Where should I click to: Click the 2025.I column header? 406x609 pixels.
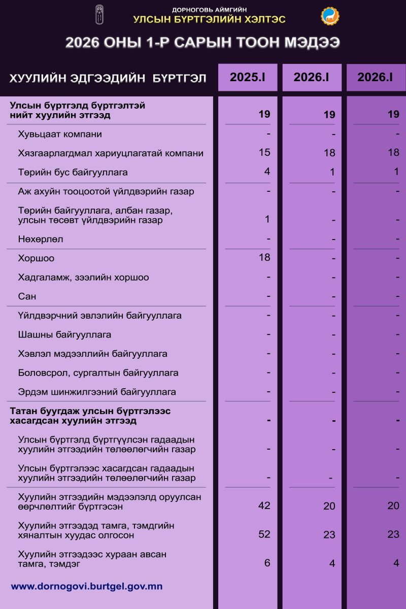248,78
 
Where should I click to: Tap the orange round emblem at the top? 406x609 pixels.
330,16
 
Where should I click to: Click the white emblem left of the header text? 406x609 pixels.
99,15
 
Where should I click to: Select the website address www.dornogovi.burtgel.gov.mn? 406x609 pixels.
87,586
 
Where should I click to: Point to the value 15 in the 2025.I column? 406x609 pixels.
264,152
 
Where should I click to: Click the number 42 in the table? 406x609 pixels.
264,505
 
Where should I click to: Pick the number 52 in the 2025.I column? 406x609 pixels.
264,534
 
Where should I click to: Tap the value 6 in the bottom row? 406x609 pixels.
267,562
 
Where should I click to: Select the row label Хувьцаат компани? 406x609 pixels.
60,134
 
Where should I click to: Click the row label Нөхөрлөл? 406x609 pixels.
41,239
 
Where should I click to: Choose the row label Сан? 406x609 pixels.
27,296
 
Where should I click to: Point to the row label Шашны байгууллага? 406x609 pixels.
64,335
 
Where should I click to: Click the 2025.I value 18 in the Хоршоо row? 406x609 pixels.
264,257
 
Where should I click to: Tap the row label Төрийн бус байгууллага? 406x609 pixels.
73,173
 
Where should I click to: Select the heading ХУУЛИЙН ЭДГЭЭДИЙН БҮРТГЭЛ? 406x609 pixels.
108,79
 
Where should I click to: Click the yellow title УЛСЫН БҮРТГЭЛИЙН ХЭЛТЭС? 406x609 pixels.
209,20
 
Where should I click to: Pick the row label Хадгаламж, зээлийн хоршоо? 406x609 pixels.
83,278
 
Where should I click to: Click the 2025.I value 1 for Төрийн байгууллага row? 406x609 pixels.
267,219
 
